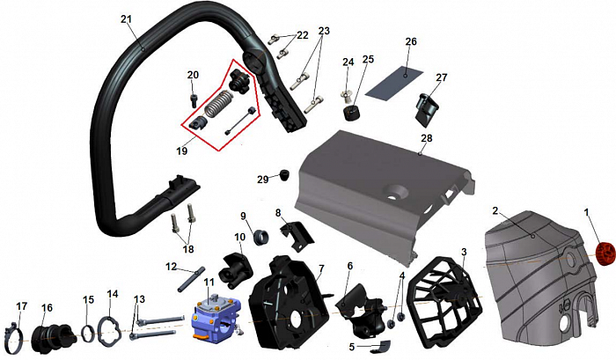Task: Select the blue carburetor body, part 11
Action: pos(213,315)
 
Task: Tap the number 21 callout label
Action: pos(127,18)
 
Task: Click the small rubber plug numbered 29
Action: pos(284,175)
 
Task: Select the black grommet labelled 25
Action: pos(353,113)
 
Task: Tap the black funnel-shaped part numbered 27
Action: pos(428,109)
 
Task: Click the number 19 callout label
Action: pos(182,151)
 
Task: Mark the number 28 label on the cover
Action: pos(427,138)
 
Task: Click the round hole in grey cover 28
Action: pos(397,192)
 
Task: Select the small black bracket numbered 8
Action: pos(297,235)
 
